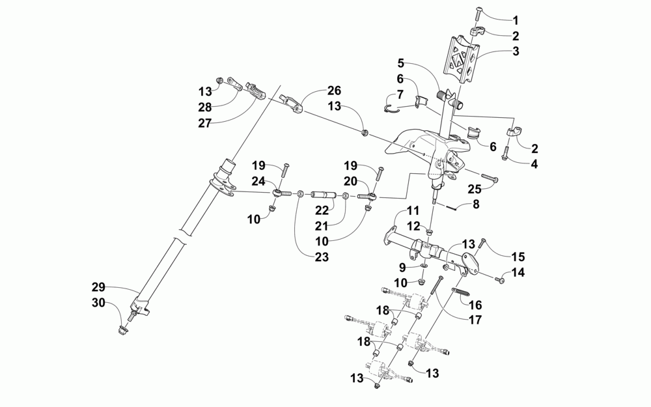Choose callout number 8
click(476, 204)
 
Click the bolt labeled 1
click(475, 11)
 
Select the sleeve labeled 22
click(323, 195)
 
